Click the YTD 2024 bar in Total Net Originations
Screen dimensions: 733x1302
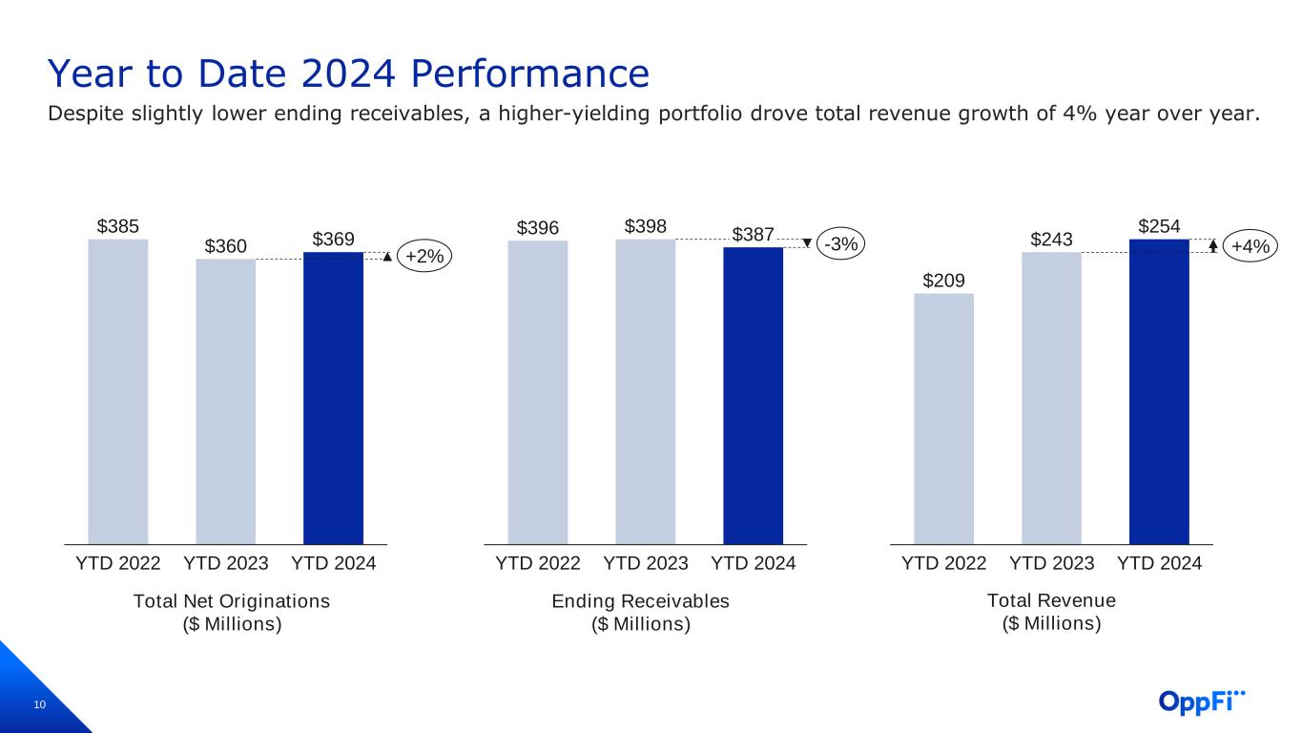[x=333, y=398]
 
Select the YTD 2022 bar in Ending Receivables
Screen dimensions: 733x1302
[x=538, y=392]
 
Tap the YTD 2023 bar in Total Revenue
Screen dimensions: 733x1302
[x=1051, y=398]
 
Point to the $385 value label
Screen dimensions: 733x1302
[x=118, y=227]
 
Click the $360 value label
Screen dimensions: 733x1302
[x=225, y=247]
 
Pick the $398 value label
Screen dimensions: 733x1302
[x=646, y=227]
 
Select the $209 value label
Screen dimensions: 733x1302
[x=943, y=281]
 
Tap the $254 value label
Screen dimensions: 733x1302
[x=1159, y=227]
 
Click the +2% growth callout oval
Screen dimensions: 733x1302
[x=424, y=257]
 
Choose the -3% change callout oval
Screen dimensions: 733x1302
[x=841, y=244]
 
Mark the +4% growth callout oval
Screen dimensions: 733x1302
[x=1250, y=247]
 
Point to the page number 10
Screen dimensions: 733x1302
[x=40, y=705]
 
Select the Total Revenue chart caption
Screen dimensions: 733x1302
[x=1051, y=612]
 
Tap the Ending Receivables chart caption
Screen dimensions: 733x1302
[x=640, y=612]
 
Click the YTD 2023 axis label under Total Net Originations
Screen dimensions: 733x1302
[x=225, y=563]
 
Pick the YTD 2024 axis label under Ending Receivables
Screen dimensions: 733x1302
[x=754, y=563]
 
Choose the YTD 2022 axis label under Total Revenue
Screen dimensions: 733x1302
[x=943, y=563]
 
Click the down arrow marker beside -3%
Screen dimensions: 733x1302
[x=808, y=243]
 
